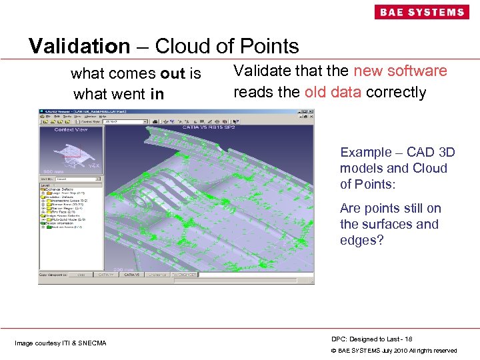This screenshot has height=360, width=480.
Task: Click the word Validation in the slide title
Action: point(79,46)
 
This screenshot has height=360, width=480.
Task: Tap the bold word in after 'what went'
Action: point(157,94)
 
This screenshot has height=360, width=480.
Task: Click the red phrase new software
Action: point(401,71)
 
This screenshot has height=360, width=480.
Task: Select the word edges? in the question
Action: point(362,240)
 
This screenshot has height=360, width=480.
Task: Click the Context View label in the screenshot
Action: point(70,130)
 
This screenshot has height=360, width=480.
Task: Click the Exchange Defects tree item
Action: point(60,189)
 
